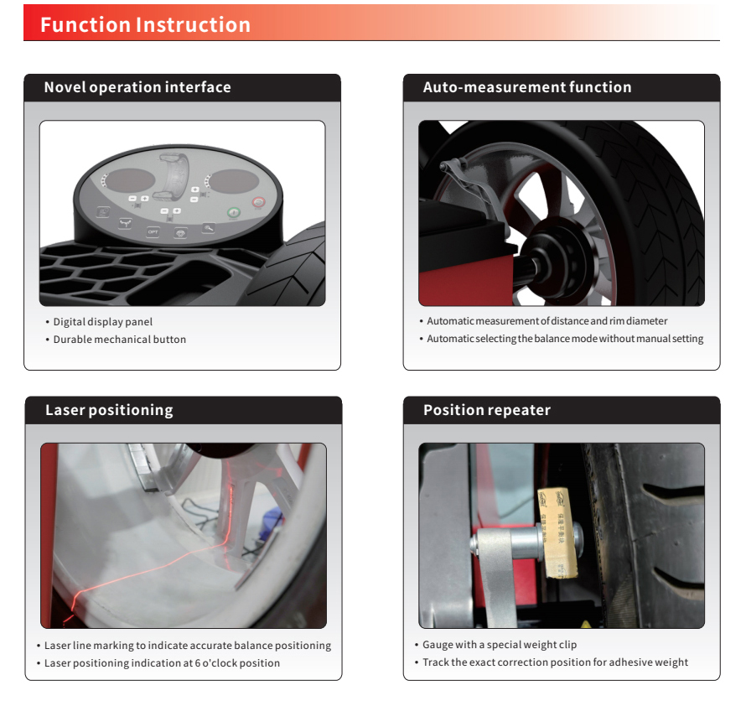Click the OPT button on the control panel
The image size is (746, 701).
[153, 232]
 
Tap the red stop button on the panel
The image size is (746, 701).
[258, 203]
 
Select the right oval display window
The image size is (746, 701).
[234, 181]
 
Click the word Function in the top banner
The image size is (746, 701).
[85, 25]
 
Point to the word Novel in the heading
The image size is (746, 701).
[65, 87]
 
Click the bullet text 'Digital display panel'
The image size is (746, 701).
[103, 322]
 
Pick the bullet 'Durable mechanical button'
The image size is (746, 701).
[119, 340]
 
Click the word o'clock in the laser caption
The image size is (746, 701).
[220, 663]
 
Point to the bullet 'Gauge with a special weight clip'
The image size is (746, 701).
[500, 644]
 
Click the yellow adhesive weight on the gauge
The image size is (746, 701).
[557, 532]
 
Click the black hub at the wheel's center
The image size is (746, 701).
[557, 261]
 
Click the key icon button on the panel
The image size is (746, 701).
[209, 228]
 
